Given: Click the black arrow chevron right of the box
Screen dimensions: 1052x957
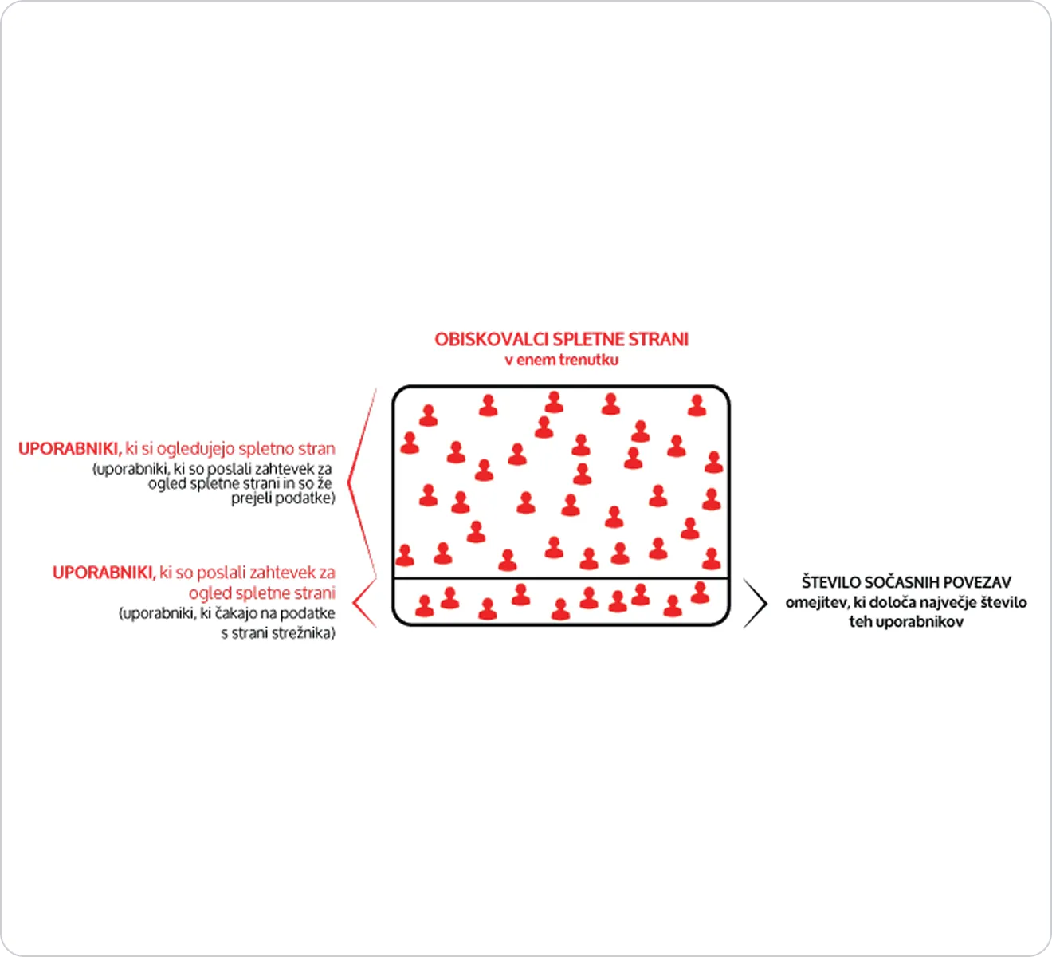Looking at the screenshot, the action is [756, 603].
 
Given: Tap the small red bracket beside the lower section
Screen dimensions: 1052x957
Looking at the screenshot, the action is [364, 603].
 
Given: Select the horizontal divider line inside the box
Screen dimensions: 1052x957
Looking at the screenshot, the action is [561, 578].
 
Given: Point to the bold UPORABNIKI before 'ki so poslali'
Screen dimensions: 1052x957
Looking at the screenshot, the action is [104, 572].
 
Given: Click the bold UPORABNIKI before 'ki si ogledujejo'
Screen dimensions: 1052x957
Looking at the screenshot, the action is [70, 449].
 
